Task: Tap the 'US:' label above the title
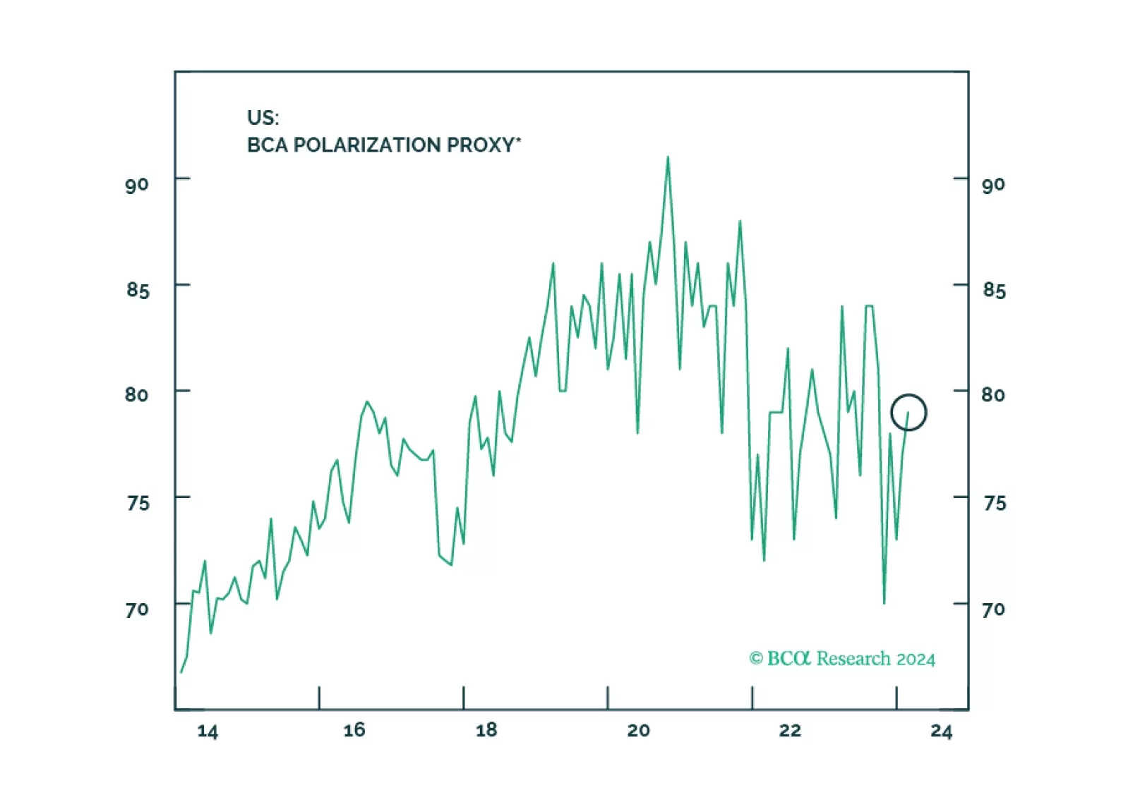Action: point(263,118)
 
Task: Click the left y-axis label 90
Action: point(137,186)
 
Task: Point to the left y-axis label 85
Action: point(138,290)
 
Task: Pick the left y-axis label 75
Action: point(138,503)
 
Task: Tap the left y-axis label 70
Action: point(137,609)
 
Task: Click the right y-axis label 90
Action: point(993,186)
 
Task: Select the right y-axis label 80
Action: point(993,395)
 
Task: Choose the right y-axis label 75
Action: point(994,503)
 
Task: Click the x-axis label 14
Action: point(208,731)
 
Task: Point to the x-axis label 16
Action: point(354,730)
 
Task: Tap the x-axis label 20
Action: point(638,730)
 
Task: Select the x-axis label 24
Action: point(941,731)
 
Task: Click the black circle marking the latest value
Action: point(908,412)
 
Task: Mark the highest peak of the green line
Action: point(668,157)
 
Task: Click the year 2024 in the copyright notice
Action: point(916,660)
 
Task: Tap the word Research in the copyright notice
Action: point(853,659)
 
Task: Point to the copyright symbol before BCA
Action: point(756,659)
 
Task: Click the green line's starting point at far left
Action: point(181,672)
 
